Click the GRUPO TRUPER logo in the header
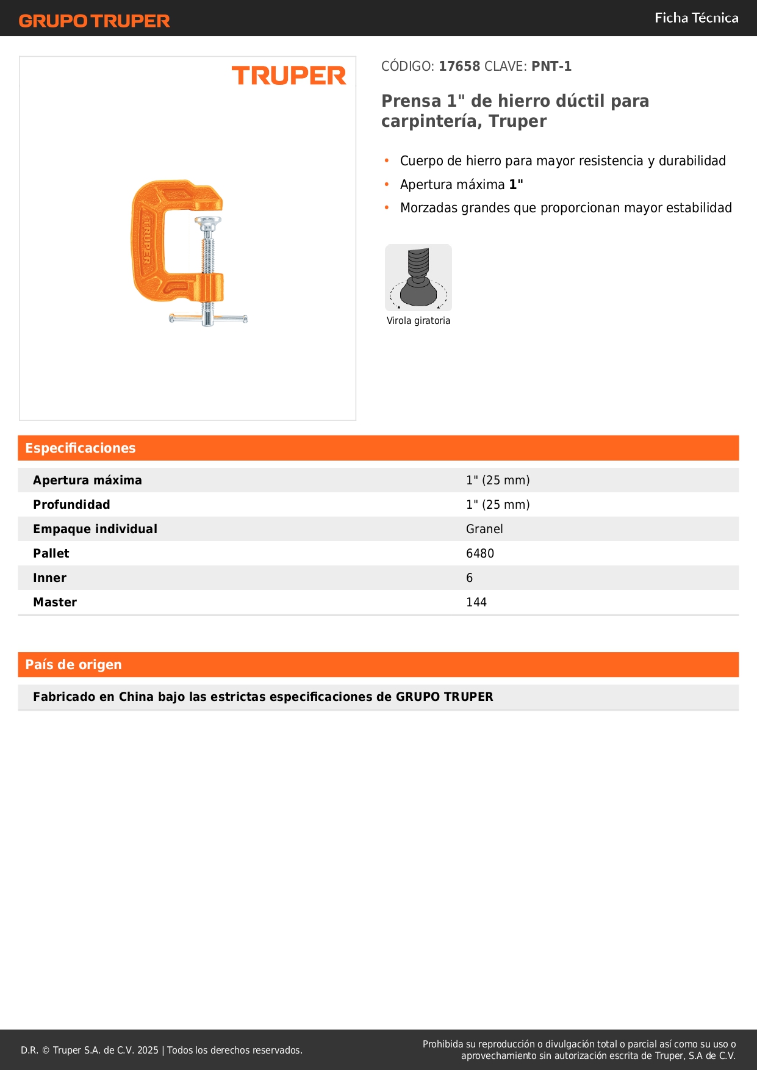(94, 21)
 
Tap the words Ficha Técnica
(696, 18)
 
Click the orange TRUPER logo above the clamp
(289, 76)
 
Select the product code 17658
(459, 66)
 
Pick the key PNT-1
(551, 66)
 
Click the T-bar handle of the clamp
(208, 318)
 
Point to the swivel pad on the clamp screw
(208, 222)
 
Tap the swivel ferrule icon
(418, 278)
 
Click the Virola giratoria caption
(418, 321)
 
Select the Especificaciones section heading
(81, 448)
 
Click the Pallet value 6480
(480, 553)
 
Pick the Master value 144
(476, 602)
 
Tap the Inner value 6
(470, 578)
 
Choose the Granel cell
(484, 529)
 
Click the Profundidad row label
(71, 504)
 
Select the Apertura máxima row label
(87, 480)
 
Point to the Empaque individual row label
(95, 529)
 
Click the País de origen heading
(73, 665)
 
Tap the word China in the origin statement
(136, 697)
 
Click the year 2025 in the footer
(148, 1050)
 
